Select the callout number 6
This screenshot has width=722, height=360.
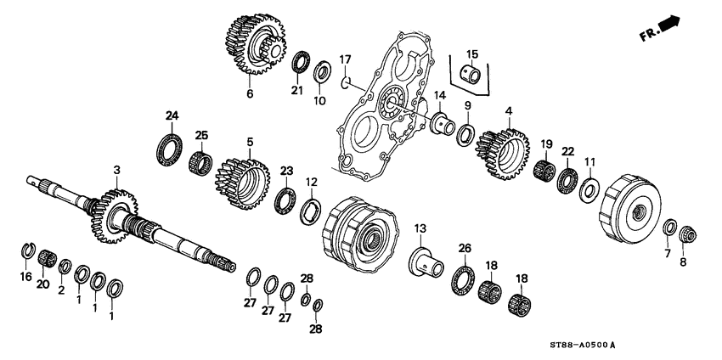(x=250, y=93)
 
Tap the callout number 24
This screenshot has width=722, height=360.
(x=172, y=115)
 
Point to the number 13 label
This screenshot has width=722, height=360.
(x=418, y=228)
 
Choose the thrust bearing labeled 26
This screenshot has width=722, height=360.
(x=464, y=277)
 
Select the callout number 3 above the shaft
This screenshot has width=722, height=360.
(x=117, y=170)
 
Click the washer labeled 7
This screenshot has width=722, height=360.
(x=668, y=228)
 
